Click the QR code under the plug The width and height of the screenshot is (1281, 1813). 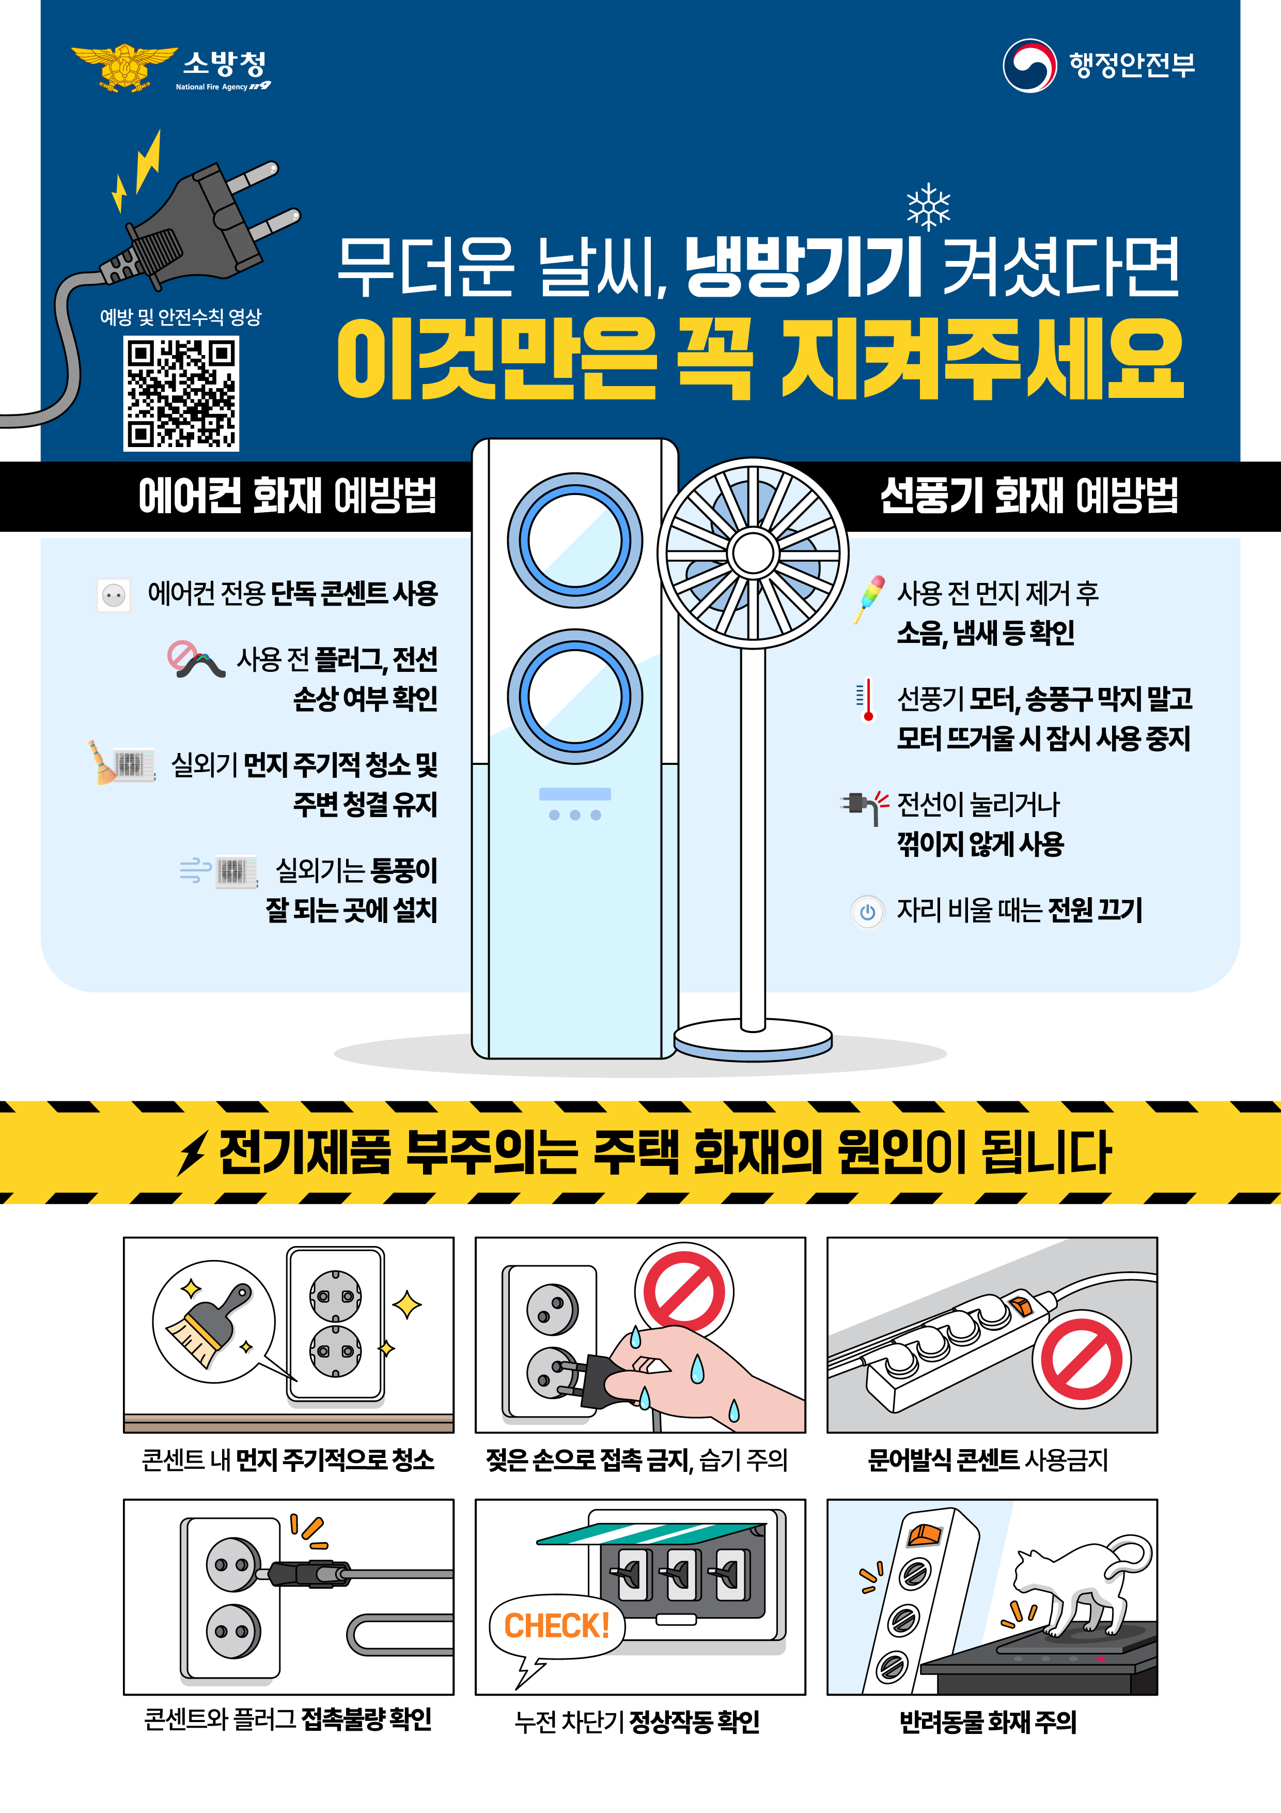[181, 393]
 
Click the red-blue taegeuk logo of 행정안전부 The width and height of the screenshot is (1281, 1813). [1029, 66]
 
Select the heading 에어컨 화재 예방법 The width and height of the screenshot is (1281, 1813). [287, 496]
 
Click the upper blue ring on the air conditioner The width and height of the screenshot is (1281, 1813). [574, 541]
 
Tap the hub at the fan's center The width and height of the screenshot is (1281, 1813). [753, 554]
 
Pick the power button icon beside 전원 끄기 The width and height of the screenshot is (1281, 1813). [867, 912]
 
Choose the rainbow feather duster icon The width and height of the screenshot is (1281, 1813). [869, 598]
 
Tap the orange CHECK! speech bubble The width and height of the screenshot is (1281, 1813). [556, 1626]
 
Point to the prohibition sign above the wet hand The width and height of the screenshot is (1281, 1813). [683, 1293]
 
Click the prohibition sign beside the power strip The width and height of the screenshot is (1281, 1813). [1081, 1360]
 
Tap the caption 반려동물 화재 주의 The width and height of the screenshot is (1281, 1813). [988, 1722]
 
